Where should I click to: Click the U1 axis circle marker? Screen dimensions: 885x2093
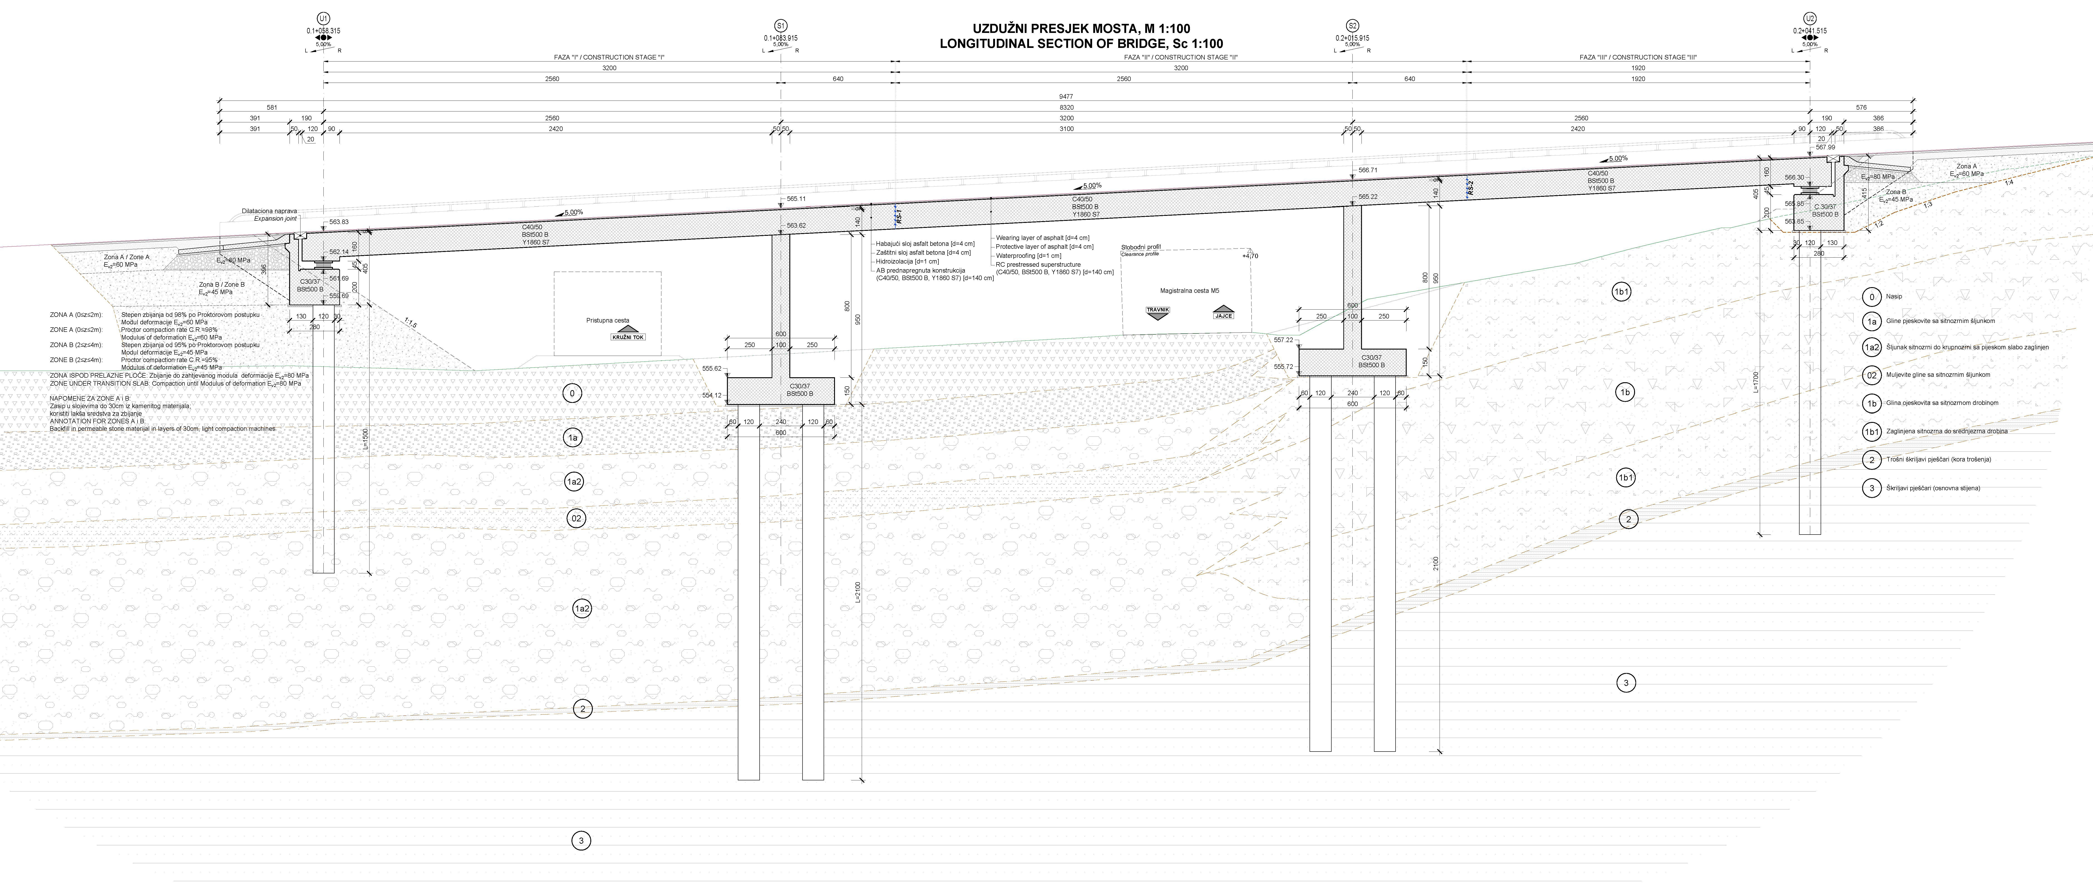pos(323,18)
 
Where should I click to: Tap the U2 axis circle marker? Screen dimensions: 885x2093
pos(1810,18)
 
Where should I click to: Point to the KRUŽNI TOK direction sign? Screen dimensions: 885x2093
pos(628,336)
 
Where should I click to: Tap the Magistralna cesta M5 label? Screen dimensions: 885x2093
pos(1189,290)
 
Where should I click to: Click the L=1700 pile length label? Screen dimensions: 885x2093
pos(1756,382)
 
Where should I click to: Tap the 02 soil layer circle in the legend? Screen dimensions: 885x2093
pos(1871,375)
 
